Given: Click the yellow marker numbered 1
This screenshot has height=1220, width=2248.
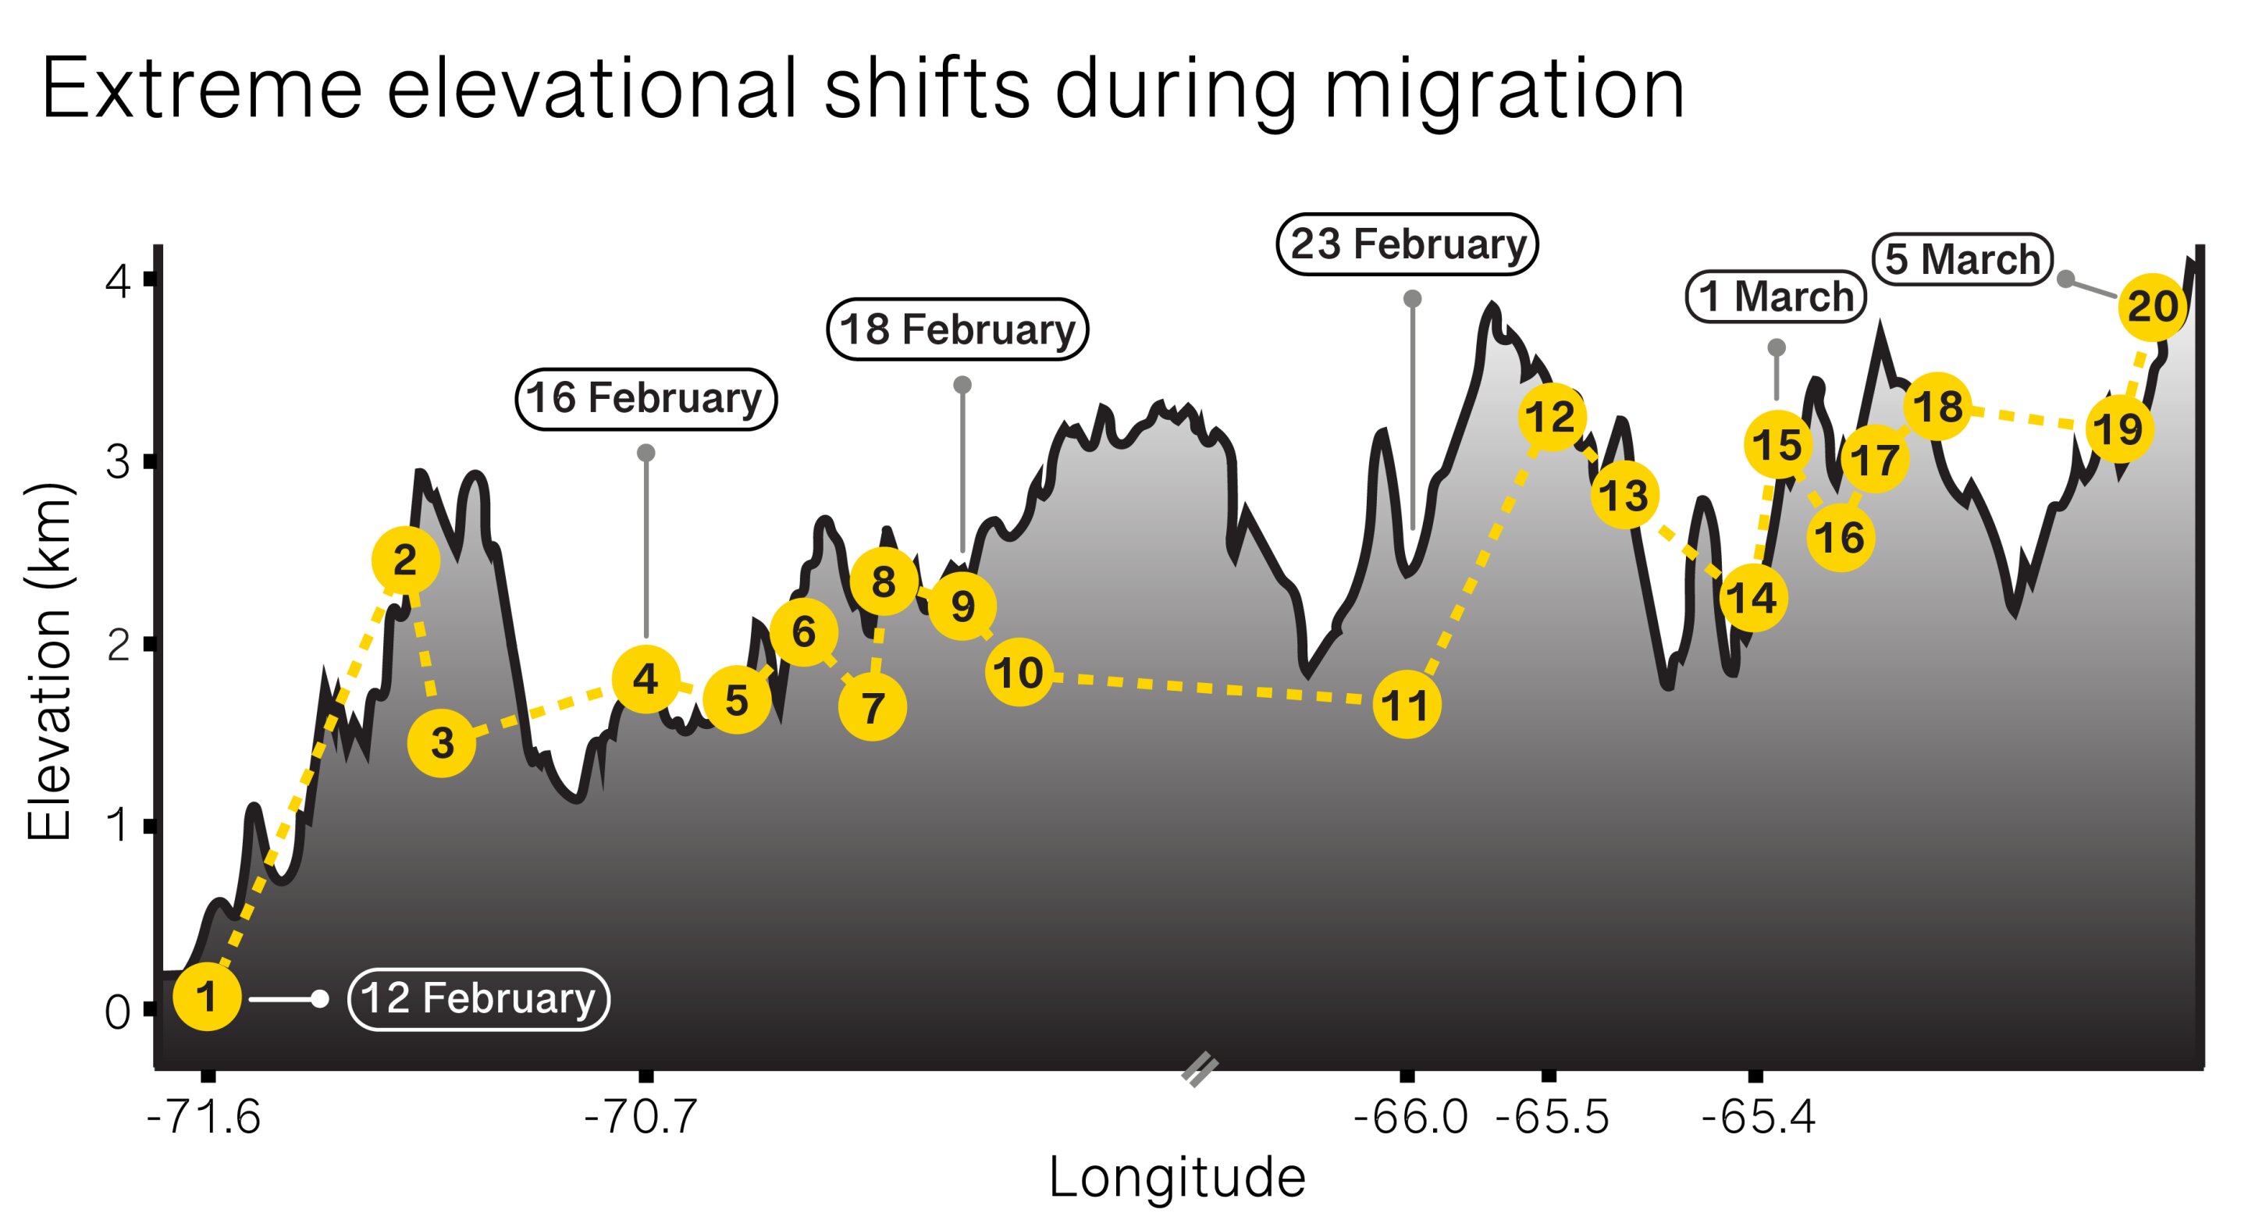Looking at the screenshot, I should (207, 997).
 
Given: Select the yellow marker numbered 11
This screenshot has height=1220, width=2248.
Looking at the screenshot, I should (1406, 705).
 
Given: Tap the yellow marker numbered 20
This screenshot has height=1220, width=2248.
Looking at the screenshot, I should (2153, 306).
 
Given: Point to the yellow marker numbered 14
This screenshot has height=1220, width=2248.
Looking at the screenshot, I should (1753, 599).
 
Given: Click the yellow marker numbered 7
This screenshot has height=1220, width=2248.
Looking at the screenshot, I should (873, 707).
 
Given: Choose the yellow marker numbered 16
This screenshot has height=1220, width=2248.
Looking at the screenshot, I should (1841, 538).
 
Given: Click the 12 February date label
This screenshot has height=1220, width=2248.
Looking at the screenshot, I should (478, 999).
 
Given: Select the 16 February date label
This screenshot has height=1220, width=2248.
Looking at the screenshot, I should (646, 399).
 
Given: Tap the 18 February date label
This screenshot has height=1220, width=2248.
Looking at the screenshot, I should (957, 330).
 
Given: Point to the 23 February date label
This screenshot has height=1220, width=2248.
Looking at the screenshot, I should (1407, 244).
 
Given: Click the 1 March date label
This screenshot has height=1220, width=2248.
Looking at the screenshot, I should (1775, 297).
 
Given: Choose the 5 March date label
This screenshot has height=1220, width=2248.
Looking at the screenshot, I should (1962, 259).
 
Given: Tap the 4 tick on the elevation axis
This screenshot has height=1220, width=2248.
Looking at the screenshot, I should (119, 282).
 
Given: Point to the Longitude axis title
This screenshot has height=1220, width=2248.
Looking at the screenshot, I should (1176, 1178).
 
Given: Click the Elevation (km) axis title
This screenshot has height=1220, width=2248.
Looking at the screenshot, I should (49, 663).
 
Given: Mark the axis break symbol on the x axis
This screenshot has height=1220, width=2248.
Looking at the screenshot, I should (1200, 1070).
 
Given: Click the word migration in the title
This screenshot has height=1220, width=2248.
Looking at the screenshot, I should (1503, 89).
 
